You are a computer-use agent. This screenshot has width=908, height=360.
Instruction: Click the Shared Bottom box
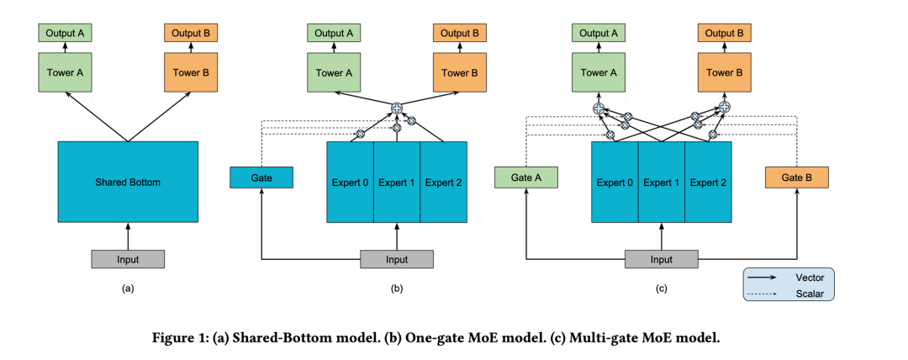[128, 182]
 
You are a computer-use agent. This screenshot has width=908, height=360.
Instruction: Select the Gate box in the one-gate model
[261, 177]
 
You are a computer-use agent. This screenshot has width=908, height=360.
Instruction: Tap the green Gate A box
[526, 177]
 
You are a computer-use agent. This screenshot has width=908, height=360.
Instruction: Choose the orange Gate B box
[797, 177]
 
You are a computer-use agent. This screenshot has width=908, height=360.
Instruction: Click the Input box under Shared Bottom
[128, 259]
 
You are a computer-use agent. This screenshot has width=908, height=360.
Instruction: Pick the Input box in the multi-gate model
[662, 260]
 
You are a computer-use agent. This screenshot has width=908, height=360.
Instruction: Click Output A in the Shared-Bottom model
[64, 34]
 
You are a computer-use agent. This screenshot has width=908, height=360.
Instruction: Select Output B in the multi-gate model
[725, 34]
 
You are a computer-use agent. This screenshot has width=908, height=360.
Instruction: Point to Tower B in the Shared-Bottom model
[191, 72]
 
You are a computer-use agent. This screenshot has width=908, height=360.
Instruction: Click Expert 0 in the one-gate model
[350, 183]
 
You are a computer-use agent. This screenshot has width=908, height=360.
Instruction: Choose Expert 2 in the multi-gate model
[708, 183]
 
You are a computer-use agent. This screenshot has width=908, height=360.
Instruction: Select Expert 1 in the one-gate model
[396, 183]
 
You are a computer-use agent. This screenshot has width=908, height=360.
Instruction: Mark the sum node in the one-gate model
[397, 108]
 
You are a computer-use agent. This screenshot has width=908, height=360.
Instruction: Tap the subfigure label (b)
[397, 289]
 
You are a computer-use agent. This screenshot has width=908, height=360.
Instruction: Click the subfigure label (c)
[662, 289]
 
